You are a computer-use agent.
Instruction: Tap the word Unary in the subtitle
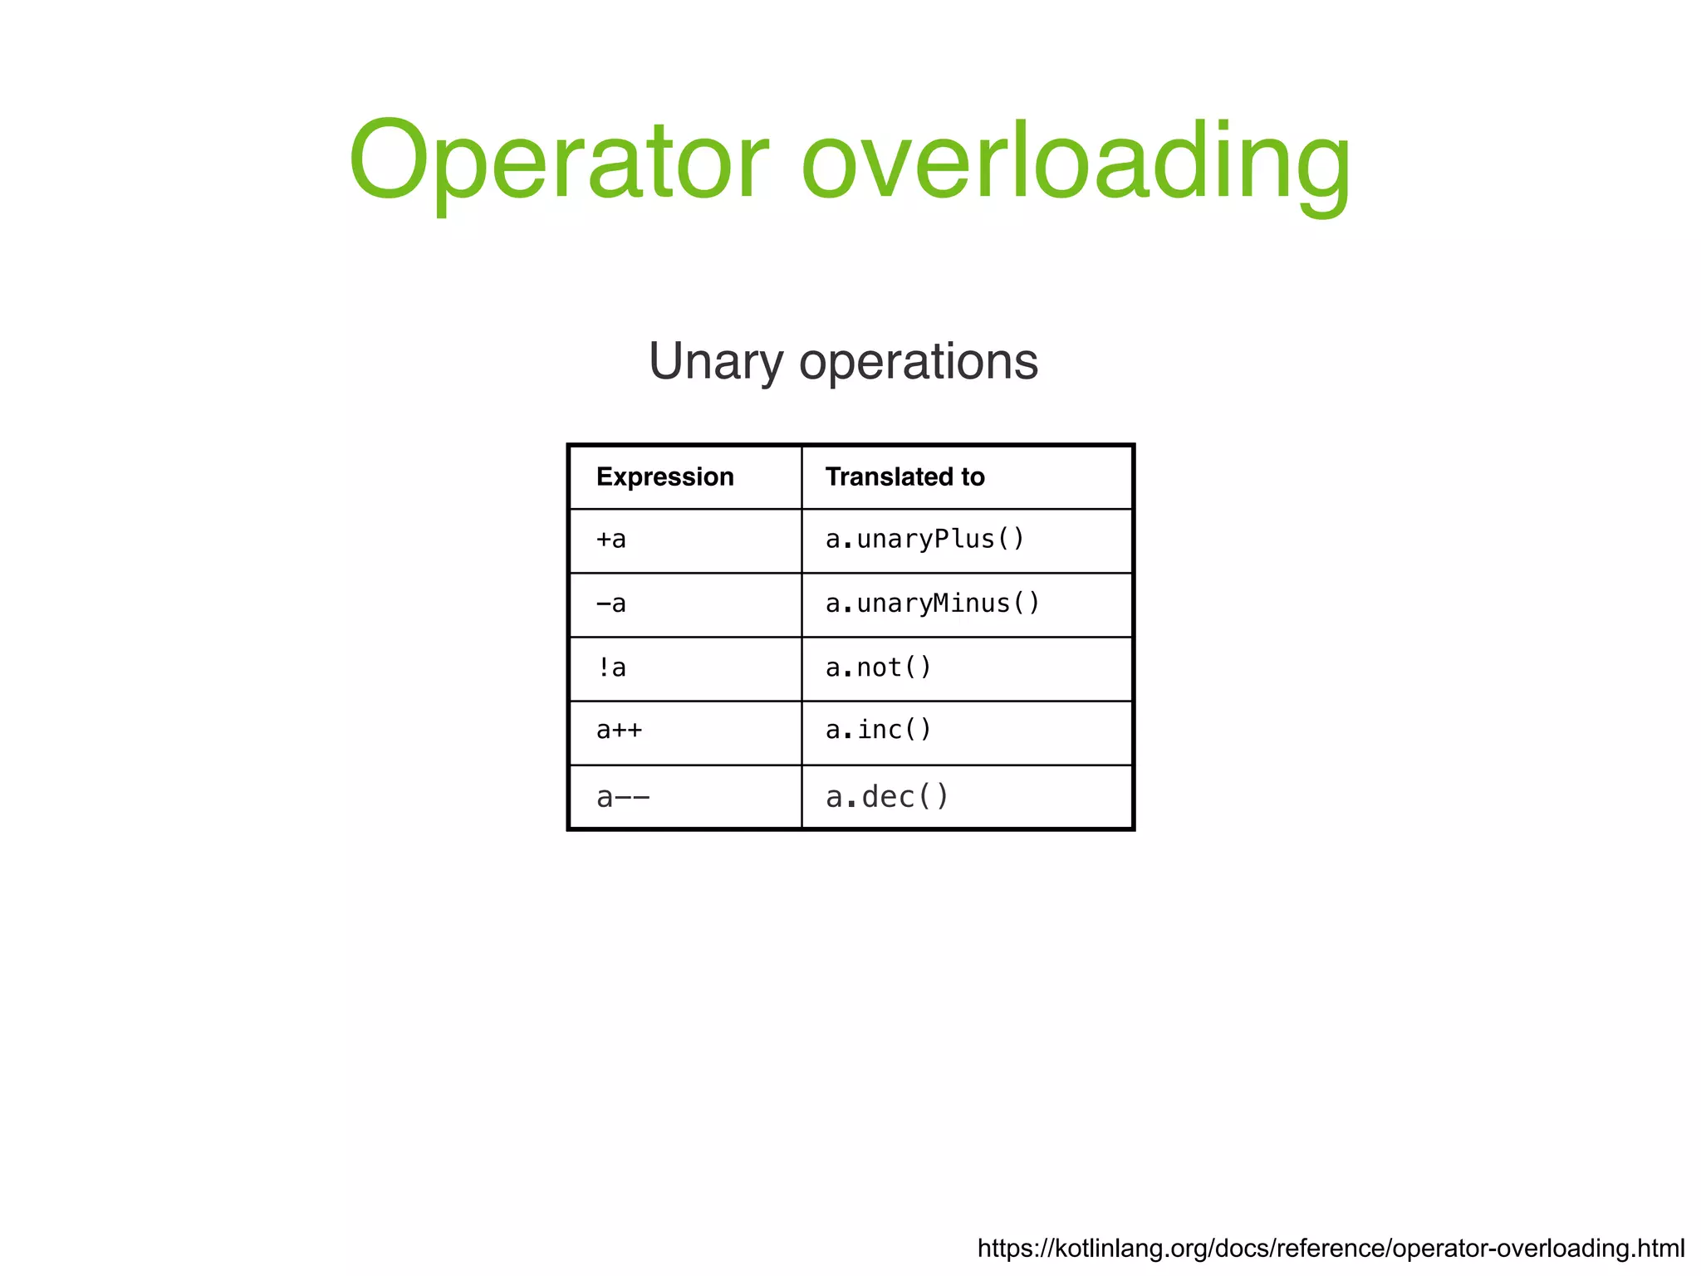click(715, 362)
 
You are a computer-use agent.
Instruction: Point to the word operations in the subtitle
click(918, 362)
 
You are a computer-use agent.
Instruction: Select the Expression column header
click(664, 477)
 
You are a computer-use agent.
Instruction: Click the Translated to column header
click(904, 477)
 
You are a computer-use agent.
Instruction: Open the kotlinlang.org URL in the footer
click(1331, 1249)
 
